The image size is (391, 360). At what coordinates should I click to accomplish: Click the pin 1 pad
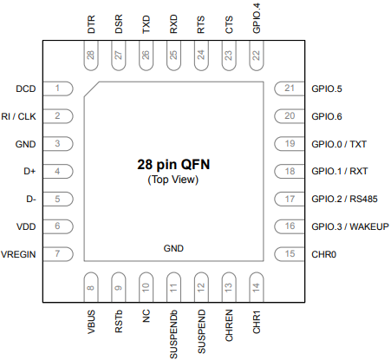[58, 88]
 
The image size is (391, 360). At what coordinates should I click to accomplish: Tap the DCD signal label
[26, 88]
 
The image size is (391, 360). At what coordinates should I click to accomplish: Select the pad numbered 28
[91, 56]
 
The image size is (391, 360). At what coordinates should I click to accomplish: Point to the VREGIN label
[18, 254]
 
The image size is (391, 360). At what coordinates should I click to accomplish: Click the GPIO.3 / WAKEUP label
[350, 226]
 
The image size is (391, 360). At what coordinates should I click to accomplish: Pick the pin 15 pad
[290, 254]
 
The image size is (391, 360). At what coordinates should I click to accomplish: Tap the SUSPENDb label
[173, 334]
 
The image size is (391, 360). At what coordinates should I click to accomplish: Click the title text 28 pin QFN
[173, 164]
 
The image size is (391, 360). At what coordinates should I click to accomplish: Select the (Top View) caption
[173, 180]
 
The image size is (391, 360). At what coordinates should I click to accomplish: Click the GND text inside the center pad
[173, 248]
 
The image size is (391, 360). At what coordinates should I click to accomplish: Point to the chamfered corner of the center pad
[92, 89]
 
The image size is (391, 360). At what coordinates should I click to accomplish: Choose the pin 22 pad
[257, 56]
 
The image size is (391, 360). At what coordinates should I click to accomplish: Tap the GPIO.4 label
[257, 18]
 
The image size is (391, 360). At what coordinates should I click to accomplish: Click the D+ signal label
[29, 171]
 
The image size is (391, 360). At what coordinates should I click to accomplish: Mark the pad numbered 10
[146, 287]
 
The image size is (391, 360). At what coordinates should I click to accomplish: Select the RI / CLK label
[18, 116]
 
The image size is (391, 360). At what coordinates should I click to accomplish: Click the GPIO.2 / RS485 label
[344, 199]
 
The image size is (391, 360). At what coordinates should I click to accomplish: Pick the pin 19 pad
[290, 144]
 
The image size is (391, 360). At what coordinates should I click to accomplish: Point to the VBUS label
[91, 322]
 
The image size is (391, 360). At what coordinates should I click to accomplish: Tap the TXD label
[147, 24]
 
